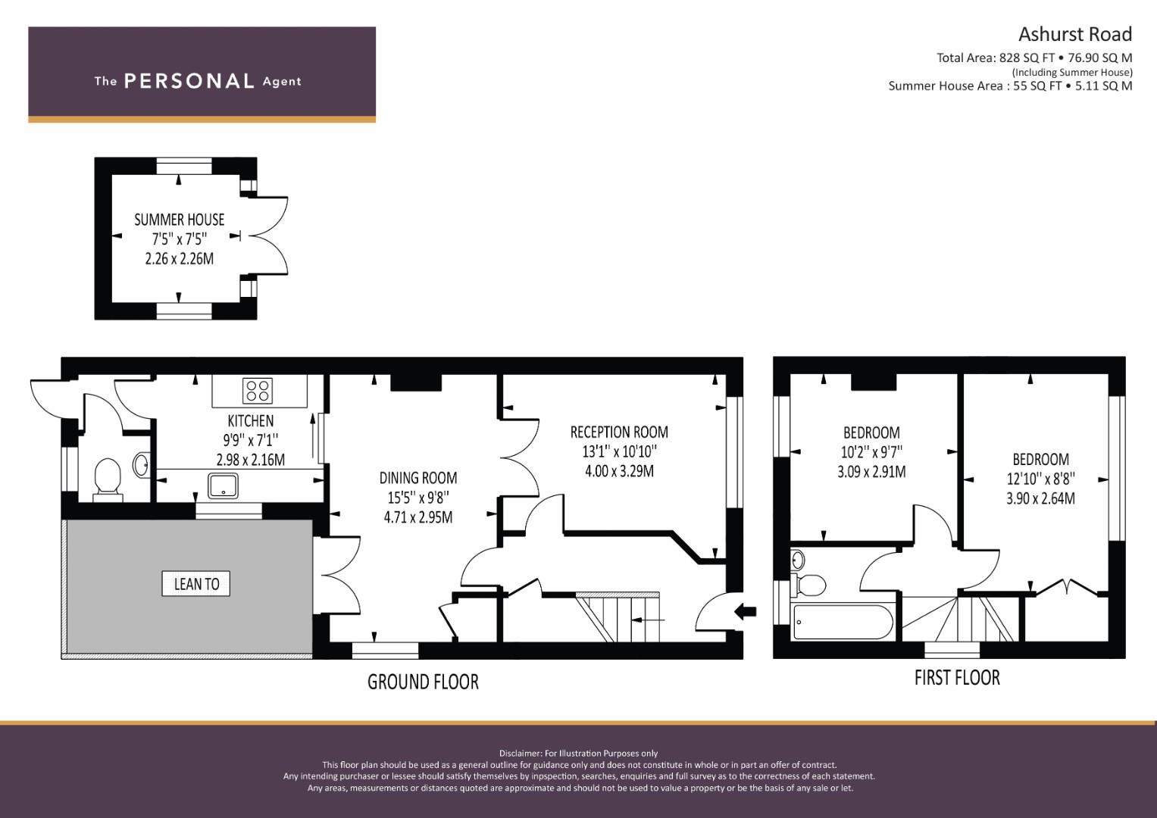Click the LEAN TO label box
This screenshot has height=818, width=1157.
point(196,583)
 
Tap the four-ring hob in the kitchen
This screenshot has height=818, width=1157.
point(258,391)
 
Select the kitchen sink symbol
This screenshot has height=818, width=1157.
point(223,485)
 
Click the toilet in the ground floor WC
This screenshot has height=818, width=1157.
point(108,477)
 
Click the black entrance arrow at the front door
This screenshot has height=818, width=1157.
point(746,610)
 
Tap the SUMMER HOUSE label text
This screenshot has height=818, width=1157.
point(180,220)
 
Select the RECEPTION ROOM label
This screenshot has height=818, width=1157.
point(619,432)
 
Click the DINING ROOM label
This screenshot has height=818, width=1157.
point(418,478)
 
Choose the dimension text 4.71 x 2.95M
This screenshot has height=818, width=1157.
point(418,517)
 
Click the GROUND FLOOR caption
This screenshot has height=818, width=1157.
point(423,682)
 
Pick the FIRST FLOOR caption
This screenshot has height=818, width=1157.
point(957,677)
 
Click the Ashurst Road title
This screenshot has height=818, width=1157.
point(1074,34)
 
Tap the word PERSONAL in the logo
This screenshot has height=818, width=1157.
point(189,81)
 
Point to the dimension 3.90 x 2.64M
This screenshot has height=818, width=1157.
point(1040,498)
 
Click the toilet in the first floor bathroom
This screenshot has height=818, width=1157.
point(809,585)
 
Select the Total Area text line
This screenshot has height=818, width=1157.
point(1033,58)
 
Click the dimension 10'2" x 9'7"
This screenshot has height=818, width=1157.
point(871,452)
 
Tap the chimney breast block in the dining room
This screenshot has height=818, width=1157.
point(416,382)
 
